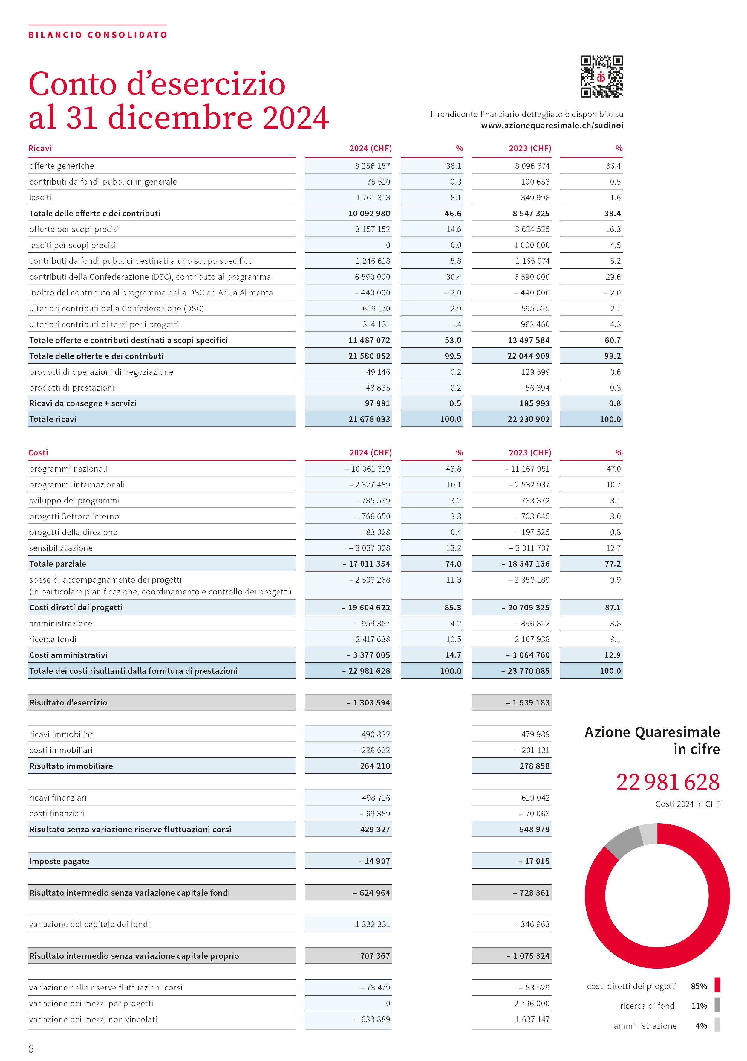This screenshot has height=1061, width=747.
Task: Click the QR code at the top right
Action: point(601,77)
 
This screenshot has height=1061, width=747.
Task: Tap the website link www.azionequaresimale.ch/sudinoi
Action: point(552,126)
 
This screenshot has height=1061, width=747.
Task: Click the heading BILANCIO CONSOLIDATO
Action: point(97,35)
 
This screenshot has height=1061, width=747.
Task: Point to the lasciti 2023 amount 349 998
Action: point(535,198)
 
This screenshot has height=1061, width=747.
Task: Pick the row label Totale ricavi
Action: point(53,419)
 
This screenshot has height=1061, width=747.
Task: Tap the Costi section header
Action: point(38,453)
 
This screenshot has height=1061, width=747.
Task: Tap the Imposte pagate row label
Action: point(59,861)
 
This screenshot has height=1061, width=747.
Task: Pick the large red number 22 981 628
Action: point(668,783)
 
